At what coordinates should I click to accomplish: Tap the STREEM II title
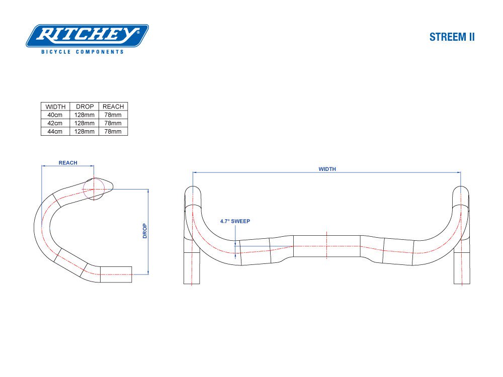coord(452,37)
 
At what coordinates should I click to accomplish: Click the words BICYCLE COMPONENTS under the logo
coord(82,52)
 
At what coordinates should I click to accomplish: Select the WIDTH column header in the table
coord(55,107)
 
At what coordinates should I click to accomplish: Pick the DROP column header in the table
coord(85,107)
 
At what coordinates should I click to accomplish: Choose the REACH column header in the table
coord(113,107)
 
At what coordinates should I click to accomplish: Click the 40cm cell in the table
coord(55,115)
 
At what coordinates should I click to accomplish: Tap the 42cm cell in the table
coord(55,123)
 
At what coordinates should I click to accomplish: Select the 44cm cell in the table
coord(55,131)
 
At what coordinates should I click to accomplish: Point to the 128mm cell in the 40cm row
coord(85,115)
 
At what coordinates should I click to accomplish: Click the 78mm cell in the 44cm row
coord(113,131)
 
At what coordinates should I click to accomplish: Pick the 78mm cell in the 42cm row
coord(113,123)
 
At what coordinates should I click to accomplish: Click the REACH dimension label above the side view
coord(68,163)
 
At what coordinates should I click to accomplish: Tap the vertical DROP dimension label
coord(145,231)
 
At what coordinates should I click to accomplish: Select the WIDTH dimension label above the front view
coord(327,169)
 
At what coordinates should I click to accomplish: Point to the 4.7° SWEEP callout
coord(235,221)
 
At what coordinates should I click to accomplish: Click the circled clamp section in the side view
coord(94,189)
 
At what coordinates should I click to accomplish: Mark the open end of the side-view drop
coord(131,274)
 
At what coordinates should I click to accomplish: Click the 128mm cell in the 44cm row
coord(85,131)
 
